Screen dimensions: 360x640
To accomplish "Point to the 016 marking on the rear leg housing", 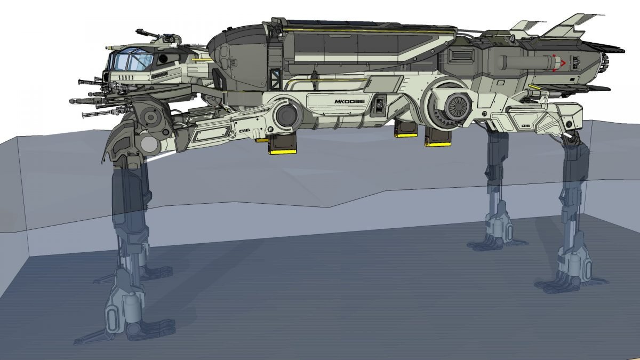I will pyautogui.click(x=526, y=126).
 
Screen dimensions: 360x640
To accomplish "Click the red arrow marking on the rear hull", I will pyautogui.click(x=558, y=63).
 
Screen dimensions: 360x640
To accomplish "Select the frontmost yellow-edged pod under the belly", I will pyautogui.click(x=283, y=144).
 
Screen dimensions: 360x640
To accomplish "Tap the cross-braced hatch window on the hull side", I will pyautogui.click(x=276, y=78).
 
